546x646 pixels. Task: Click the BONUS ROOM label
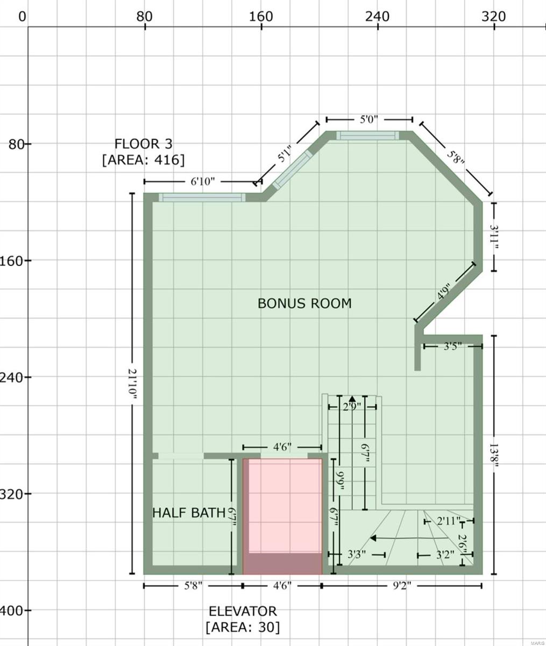point(304,304)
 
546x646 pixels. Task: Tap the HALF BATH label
point(188,512)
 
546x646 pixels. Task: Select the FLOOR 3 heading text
point(143,144)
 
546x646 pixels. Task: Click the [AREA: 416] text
point(143,160)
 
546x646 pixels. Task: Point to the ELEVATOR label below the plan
point(243,612)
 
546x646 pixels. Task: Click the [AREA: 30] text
point(243,627)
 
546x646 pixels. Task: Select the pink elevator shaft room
point(282,506)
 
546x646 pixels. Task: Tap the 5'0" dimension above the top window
point(369,120)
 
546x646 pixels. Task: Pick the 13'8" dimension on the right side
point(493,455)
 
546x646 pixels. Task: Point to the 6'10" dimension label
point(203,182)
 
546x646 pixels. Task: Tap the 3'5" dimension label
point(452,346)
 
